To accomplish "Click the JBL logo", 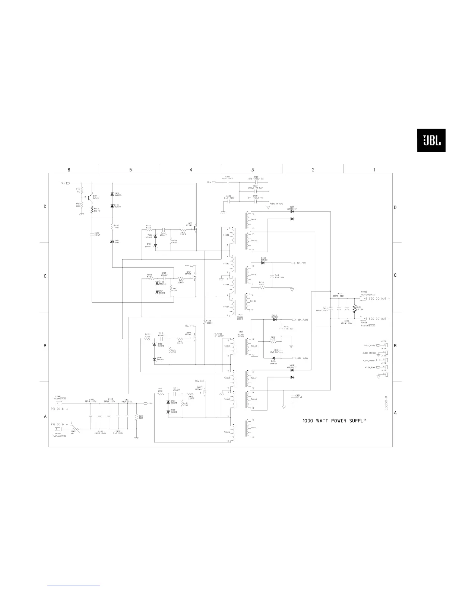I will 431,141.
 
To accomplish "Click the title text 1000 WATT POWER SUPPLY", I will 334,421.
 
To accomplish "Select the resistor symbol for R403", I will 92,210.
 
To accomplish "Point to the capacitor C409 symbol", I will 92,235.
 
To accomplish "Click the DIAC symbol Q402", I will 113,242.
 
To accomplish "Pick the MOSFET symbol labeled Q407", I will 205,393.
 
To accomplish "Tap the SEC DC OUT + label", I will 379,299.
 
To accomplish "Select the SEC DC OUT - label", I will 379,319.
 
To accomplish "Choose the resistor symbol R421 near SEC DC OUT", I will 354,309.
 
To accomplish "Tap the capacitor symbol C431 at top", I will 228,183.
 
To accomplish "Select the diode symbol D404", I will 274,358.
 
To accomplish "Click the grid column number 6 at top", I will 69,170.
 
